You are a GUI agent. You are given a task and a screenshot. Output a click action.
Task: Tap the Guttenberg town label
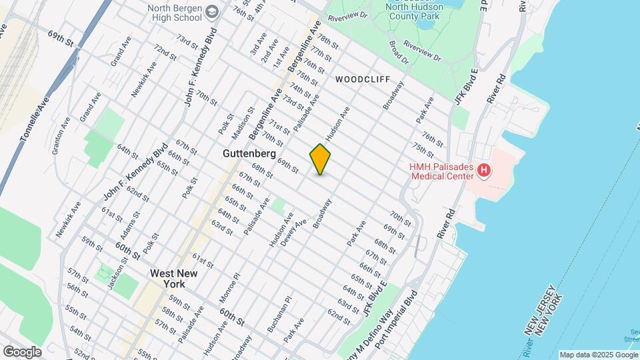[x=248, y=153]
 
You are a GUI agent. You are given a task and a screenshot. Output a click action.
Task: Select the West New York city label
[x=167, y=278]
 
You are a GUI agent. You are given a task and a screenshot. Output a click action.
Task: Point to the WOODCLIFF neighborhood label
[x=363, y=79]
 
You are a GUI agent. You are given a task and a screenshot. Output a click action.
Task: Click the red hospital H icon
[x=485, y=171]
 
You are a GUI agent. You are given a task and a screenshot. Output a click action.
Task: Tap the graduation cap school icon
[x=212, y=12]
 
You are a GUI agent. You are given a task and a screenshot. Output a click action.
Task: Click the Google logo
[x=22, y=351]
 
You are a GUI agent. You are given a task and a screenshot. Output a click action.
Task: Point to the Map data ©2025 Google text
[x=598, y=355]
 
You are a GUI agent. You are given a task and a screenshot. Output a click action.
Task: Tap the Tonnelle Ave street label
[x=35, y=120]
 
